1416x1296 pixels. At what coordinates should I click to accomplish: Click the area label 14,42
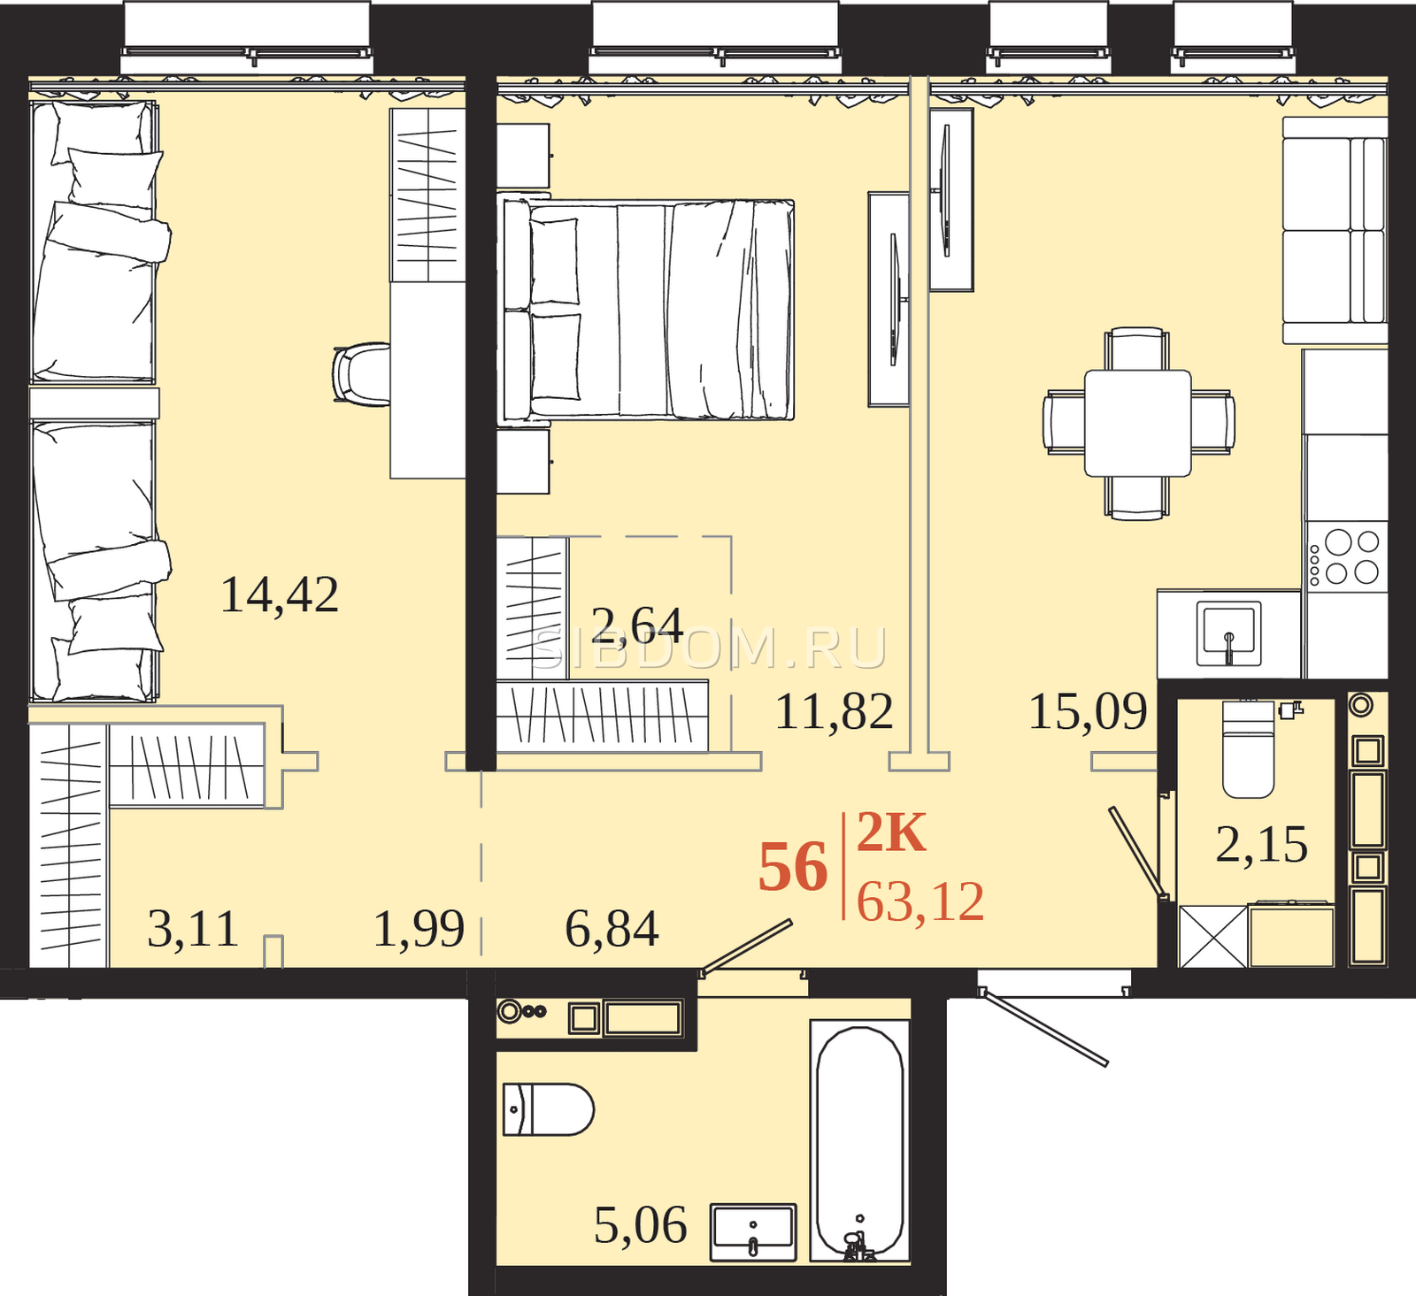tap(280, 594)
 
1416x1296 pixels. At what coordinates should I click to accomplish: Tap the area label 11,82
tap(834, 711)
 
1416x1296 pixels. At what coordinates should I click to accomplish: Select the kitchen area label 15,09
tap(1088, 711)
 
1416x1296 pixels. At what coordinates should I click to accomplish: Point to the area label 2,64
tap(637, 625)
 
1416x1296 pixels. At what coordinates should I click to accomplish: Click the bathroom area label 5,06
tap(641, 1225)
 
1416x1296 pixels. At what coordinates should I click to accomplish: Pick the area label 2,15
tap(1262, 844)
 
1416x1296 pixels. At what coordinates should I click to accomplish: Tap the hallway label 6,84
tap(612, 929)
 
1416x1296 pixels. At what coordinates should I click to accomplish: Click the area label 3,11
tap(193, 929)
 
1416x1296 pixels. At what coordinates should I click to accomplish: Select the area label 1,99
tap(419, 929)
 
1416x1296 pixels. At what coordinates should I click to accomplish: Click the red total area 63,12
tap(920, 902)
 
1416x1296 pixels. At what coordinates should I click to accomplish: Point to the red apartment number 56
tap(793, 868)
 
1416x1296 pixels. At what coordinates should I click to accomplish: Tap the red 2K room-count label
tap(891, 832)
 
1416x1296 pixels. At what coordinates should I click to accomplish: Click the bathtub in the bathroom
tap(859, 1142)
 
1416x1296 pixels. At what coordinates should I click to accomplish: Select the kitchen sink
tap(1228, 633)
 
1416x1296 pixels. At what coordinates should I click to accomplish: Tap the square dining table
tap(1138, 423)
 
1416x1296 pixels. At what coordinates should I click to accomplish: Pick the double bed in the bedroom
tap(648, 310)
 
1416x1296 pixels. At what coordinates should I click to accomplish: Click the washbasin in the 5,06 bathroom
tap(753, 1232)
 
